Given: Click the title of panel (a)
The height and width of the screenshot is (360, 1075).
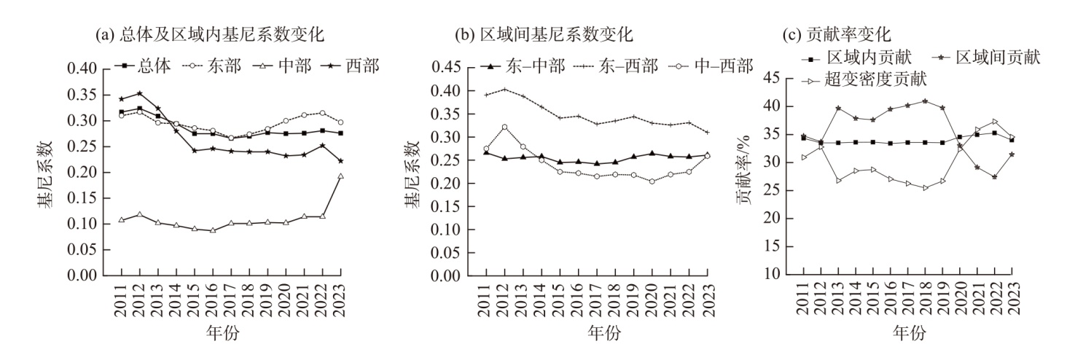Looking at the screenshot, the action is point(209,34).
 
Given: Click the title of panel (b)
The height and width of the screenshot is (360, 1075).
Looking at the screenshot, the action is point(544,34).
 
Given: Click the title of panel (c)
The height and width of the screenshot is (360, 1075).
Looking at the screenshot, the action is point(837,34).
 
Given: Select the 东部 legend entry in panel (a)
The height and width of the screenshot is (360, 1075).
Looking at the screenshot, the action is point(211,66).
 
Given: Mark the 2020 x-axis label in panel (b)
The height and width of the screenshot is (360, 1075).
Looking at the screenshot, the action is point(652,300).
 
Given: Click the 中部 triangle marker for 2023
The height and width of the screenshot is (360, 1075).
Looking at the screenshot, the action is point(341,176).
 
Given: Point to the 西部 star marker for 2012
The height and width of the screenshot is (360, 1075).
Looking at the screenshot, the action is point(140,93).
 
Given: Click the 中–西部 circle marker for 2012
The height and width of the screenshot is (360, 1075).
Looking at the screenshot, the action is point(505,128).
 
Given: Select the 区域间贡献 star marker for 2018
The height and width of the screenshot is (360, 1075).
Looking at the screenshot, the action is point(925,101).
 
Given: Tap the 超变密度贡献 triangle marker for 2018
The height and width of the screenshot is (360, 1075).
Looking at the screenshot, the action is point(925,188).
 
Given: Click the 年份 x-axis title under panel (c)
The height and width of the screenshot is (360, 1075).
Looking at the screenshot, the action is point(909,332).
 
